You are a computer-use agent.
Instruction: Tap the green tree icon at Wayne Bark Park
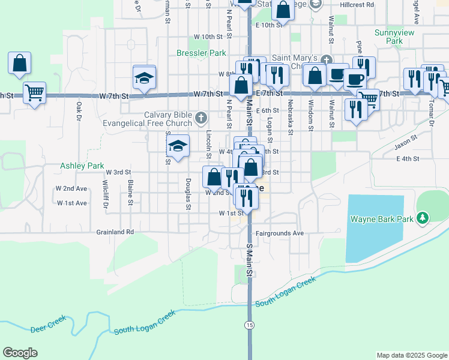point(423,218)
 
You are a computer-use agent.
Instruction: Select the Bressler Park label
point(201,53)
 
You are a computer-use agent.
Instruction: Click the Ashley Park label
point(78,166)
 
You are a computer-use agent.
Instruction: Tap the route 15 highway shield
point(249,325)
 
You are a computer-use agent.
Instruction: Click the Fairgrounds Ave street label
point(280,233)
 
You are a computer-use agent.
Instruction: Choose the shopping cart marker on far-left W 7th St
point(34,93)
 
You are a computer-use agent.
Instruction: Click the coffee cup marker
point(354,79)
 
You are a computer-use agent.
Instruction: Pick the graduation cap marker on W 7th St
point(144,77)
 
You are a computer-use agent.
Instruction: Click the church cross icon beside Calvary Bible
point(201,117)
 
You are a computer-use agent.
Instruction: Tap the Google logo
point(20,353)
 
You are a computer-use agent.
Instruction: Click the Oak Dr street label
point(79,112)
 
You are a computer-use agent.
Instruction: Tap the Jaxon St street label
point(406,145)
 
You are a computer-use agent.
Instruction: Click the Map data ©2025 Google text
point(411,355)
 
